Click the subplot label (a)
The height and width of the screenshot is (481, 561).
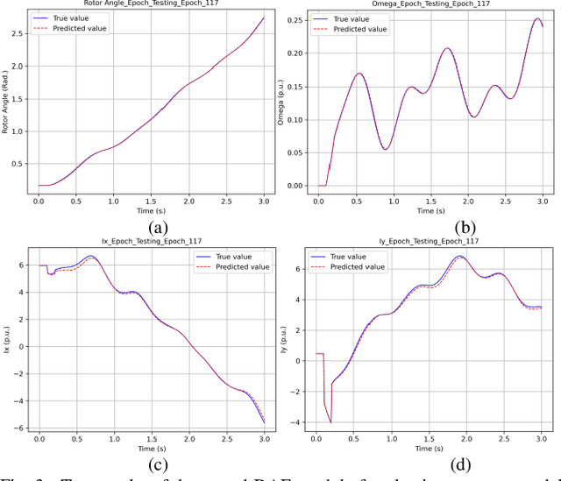point(157,226)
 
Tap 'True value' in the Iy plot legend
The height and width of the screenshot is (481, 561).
point(354,255)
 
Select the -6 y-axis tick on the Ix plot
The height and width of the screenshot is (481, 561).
point(19,427)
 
